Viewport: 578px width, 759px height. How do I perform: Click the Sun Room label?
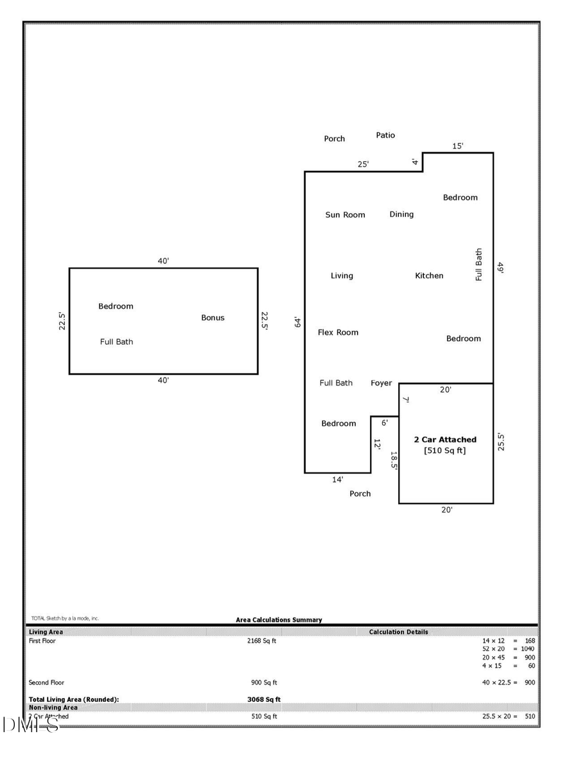(x=345, y=215)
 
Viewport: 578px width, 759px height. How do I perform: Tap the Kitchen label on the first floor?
(x=429, y=275)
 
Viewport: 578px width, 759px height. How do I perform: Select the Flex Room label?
(x=338, y=333)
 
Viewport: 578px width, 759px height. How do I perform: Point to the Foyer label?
(x=381, y=383)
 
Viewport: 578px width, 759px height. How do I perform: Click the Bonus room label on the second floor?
(x=213, y=318)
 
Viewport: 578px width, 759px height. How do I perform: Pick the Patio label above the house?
(x=385, y=135)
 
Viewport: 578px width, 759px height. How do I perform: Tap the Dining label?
(x=401, y=214)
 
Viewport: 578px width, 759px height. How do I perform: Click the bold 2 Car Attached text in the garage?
(x=445, y=440)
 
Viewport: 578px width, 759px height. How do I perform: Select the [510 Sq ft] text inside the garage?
(x=445, y=451)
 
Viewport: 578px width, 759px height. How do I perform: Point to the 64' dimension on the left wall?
(x=297, y=322)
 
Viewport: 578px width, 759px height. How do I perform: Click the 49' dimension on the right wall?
(x=500, y=268)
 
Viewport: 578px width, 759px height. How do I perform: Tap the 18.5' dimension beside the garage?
(x=394, y=461)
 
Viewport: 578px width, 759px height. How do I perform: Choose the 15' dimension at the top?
(x=457, y=146)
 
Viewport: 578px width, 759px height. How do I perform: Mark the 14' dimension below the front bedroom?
(x=338, y=480)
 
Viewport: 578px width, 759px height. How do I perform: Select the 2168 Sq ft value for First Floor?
(x=262, y=641)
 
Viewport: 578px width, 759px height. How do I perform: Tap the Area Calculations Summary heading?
(x=279, y=620)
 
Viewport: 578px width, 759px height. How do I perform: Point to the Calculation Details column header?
(x=398, y=632)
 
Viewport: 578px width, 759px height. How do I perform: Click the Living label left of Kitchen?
(x=342, y=276)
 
